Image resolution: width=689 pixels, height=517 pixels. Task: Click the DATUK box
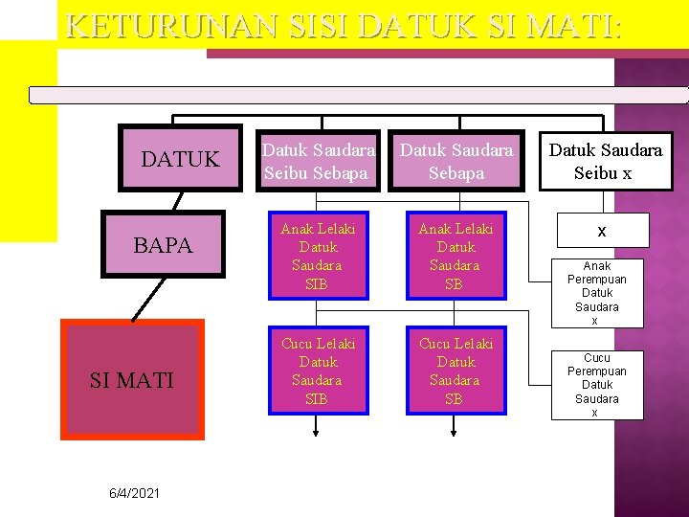pos(180,159)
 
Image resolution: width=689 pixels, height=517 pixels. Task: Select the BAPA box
pos(163,244)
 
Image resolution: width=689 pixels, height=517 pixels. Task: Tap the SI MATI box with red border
pos(132,379)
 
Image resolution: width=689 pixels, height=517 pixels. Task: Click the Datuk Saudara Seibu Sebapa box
pos(319,161)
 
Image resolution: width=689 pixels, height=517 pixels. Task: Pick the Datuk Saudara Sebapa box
pos(456,161)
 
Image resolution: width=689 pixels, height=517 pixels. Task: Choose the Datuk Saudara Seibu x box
pos(604,161)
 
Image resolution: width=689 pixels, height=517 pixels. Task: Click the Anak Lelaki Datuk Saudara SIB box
pos(318,256)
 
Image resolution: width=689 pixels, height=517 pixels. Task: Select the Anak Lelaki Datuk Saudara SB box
pos(456,256)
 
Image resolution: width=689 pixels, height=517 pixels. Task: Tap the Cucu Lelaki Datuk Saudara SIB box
pos(318,371)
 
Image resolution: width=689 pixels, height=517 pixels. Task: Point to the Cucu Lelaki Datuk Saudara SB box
pos(456,371)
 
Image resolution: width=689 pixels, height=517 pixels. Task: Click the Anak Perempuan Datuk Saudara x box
pos(597,293)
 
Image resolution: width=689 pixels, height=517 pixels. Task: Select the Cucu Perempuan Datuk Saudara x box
pos(597,385)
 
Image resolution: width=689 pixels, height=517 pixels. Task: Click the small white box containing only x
pos(602,231)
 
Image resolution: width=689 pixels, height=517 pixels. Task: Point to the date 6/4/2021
pos(133,493)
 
